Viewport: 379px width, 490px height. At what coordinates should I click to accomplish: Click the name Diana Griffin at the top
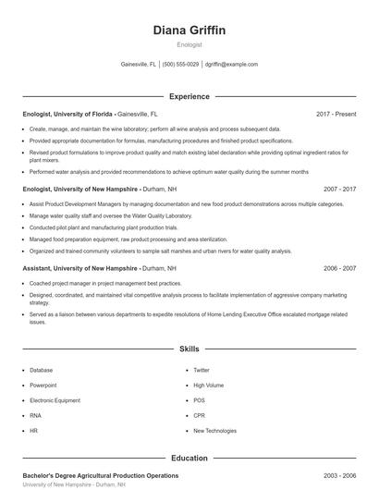(189, 30)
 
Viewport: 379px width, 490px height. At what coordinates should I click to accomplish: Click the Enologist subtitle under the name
(189, 44)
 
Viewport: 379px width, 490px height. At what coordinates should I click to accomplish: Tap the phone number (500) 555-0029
(181, 65)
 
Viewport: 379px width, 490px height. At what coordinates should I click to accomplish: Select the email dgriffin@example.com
(231, 65)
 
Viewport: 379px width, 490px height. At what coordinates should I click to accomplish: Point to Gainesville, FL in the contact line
(139, 65)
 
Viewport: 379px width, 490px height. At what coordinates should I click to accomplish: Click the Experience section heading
(189, 96)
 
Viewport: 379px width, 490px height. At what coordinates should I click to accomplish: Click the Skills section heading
(189, 349)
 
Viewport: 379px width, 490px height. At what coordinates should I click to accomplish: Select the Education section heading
(189, 458)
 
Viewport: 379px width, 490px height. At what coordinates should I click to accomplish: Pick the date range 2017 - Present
(336, 114)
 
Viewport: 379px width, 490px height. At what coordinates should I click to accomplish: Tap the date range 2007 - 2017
(339, 189)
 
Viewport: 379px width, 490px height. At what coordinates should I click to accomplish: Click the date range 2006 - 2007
(339, 268)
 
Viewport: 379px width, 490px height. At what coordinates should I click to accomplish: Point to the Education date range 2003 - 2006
(339, 475)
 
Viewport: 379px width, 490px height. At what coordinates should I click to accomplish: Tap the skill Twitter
(202, 369)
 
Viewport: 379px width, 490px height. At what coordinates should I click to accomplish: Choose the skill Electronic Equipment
(55, 399)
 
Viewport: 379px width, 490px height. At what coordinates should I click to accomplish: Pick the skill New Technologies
(214, 430)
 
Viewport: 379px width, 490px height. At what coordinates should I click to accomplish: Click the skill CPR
(199, 415)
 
